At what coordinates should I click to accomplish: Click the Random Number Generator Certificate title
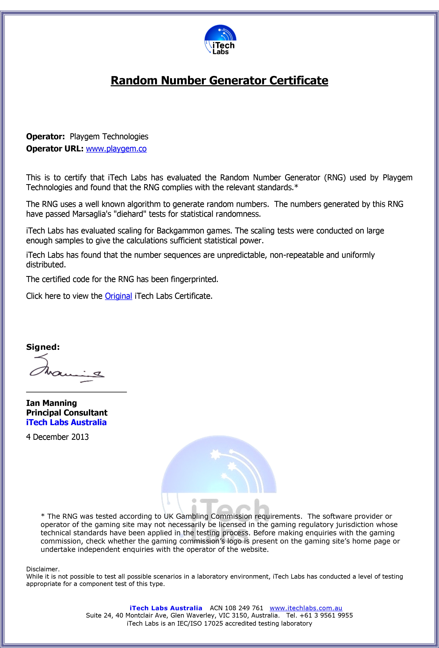pyautogui.click(x=219, y=81)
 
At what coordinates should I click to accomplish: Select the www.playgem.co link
pyautogui.click(x=116, y=149)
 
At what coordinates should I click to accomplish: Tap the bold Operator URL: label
pyautogui.click(x=55, y=149)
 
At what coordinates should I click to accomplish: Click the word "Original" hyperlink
pyautogui.click(x=118, y=296)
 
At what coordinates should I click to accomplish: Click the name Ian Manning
pyautogui.click(x=52, y=403)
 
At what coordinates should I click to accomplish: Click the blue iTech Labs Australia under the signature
pyautogui.click(x=66, y=422)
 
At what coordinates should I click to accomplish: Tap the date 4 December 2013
pyautogui.click(x=57, y=437)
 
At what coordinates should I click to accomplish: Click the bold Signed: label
pyautogui.click(x=43, y=347)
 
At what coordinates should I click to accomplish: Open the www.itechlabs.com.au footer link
pyautogui.click(x=306, y=608)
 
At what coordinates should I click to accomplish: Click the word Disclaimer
pyautogui.click(x=43, y=569)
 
